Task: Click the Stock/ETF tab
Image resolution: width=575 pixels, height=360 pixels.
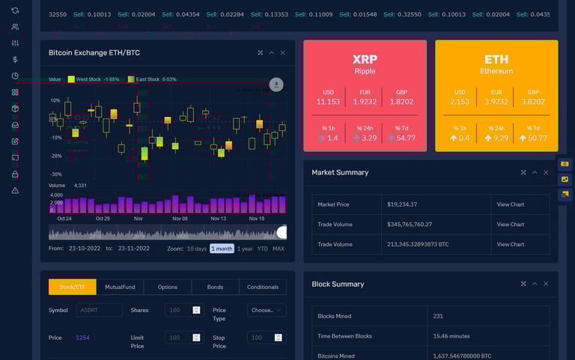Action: point(73,287)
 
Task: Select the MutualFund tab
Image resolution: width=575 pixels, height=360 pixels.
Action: point(120,287)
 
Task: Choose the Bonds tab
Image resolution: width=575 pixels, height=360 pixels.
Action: point(215,287)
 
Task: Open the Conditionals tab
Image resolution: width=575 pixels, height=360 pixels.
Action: point(263,287)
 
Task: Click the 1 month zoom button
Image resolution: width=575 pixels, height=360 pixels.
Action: point(222,248)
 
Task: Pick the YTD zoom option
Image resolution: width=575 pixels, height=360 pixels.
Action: point(262,248)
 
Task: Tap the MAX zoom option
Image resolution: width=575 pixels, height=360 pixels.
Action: point(279,248)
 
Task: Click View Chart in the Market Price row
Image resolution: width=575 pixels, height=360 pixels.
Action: point(511,204)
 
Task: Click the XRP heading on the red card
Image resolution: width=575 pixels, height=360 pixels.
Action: point(365,59)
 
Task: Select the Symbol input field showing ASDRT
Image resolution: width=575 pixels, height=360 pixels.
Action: point(99,310)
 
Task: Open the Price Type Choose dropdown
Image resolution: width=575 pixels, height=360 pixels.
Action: point(267,310)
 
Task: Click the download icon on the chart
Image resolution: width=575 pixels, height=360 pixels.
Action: point(277,85)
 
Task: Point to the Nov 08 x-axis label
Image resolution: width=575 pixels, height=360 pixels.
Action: point(180,219)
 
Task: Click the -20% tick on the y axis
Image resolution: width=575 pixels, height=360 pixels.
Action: point(56,156)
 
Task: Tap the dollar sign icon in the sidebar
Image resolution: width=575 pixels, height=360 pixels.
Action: point(15,59)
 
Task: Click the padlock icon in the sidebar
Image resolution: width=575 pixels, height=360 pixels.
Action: point(15,174)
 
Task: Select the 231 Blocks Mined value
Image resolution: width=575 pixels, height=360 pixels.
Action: point(438,316)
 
